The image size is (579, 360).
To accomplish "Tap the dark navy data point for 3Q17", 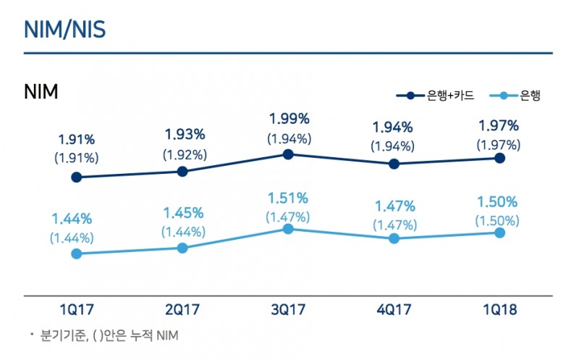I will tap(288, 154).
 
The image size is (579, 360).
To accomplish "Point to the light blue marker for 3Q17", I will tap(288, 229).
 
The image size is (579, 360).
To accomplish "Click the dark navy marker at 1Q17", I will tap(76, 177).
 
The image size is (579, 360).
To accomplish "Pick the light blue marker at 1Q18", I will tap(499, 233).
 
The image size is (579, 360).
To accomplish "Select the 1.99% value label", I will tap(289, 118).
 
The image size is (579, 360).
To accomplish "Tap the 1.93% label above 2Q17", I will tap(184, 135).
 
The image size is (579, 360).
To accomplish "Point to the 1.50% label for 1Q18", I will tap(498, 202).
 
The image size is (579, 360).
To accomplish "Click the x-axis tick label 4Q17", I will tap(393, 310).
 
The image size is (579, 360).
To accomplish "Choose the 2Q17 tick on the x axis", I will tap(182, 310).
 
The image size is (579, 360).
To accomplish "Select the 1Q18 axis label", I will tap(499, 310).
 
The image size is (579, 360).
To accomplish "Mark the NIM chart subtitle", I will tap(41, 92).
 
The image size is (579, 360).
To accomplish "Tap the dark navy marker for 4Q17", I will tap(394, 164).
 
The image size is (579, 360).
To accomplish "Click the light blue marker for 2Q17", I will tap(182, 248).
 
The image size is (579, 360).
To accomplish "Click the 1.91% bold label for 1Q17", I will tap(77, 139).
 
